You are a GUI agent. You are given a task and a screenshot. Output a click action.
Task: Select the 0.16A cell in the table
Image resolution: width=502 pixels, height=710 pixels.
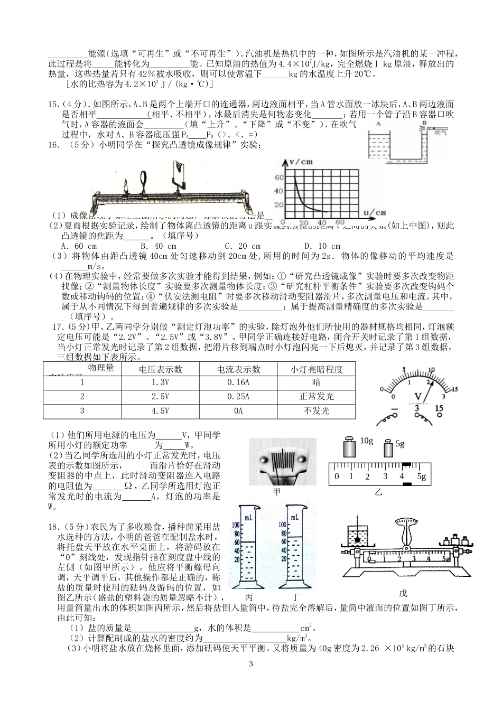click(238, 382)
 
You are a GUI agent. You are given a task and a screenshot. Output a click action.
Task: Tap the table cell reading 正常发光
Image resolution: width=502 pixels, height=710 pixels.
click(317, 396)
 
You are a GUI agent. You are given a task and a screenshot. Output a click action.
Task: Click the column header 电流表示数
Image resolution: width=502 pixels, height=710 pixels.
click(238, 369)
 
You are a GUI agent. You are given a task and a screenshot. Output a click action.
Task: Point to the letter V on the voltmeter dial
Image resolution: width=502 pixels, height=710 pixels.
click(417, 395)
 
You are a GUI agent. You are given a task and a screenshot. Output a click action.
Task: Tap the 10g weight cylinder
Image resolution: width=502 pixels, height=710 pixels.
click(350, 447)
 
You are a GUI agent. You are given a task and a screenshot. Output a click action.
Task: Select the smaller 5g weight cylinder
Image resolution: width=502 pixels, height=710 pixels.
click(388, 449)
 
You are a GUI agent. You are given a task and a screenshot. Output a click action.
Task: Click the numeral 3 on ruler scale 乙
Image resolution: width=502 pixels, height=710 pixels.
click(385, 477)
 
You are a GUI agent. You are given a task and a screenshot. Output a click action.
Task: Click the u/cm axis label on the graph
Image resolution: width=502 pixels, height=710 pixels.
click(377, 212)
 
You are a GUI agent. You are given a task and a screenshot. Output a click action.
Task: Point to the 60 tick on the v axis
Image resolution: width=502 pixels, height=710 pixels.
click(279, 177)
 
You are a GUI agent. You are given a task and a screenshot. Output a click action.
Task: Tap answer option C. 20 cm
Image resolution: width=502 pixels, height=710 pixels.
click(243, 246)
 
